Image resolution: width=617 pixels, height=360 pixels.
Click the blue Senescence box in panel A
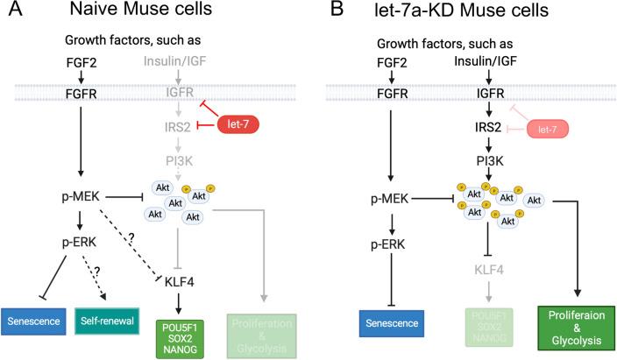(33, 320)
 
